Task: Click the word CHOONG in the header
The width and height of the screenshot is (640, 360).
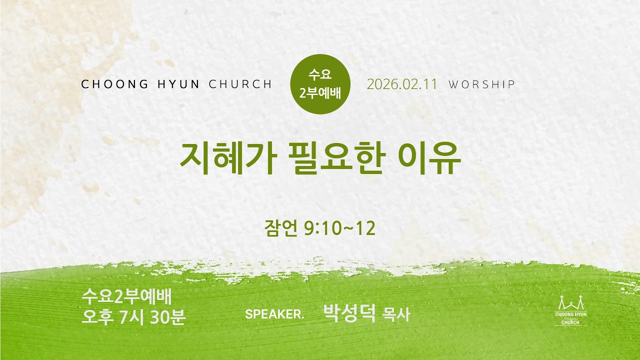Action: tap(115, 84)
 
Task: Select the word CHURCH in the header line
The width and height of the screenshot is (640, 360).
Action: tap(240, 84)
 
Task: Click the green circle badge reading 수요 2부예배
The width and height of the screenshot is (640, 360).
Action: tap(320, 84)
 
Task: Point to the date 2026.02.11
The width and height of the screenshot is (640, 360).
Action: tap(402, 84)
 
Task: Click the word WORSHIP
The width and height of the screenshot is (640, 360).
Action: tap(481, 84)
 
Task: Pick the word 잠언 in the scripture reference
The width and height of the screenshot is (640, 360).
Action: tap(281, 228)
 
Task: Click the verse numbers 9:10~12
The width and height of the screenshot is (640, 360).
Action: tap(339, 228)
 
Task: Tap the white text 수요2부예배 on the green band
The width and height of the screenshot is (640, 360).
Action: tap(126, 297)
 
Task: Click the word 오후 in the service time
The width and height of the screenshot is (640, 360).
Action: tap(97, 317)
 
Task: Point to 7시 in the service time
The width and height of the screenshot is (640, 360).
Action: tap(131, 317)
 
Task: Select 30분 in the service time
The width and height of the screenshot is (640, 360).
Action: tap(167, 317)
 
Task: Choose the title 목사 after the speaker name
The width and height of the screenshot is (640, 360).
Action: tap(396, 315)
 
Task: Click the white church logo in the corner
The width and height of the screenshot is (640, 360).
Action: tap(571, 310)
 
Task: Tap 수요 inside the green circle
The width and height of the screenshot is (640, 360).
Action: tap(320, 74)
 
